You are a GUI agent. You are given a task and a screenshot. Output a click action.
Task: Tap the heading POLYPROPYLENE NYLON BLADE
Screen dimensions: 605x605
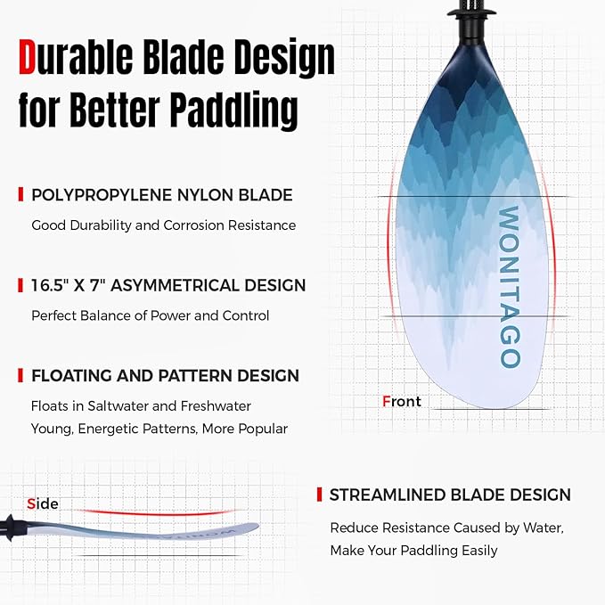pos(161,194)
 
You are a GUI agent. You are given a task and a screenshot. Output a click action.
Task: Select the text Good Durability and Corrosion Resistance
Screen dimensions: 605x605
pos(163,225)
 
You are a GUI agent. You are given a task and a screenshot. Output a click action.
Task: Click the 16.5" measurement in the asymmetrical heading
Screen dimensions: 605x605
pos(55,285)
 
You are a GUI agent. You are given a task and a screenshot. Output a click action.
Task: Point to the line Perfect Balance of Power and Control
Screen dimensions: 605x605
pos(150,315)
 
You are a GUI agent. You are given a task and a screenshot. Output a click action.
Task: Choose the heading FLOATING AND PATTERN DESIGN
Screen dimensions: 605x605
pos(165,375)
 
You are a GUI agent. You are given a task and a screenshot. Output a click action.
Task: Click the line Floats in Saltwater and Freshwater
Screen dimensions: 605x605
pos(141,406)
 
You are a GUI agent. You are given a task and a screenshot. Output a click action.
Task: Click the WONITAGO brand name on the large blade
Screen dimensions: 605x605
pos(509,287)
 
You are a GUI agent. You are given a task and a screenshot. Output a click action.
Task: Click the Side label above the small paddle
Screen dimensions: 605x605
pos(43,504)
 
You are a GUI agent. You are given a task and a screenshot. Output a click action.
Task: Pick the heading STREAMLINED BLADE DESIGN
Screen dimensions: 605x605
pos(450,495)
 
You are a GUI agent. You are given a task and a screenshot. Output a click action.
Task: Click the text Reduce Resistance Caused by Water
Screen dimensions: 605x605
pos(447,527)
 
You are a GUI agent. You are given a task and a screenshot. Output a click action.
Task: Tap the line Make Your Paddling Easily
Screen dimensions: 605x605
pos(413,551)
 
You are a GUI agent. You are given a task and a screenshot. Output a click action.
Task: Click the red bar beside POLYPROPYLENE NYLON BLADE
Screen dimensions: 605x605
pos(20,194)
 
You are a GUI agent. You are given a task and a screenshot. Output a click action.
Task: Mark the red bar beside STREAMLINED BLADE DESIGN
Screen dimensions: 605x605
pos(319,495)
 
